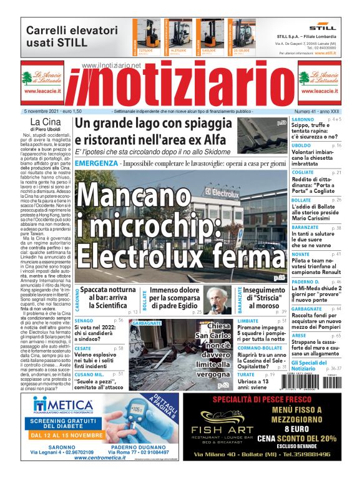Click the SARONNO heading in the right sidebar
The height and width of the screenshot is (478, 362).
303,119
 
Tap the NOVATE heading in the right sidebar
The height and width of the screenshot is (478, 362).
301,255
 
